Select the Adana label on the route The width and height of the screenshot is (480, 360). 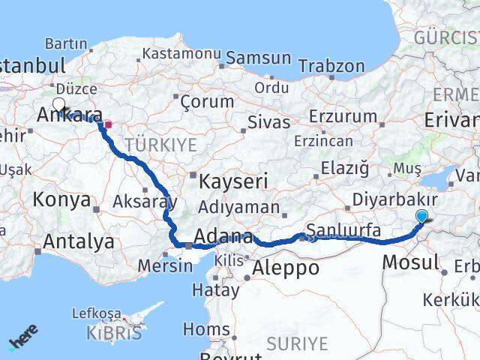coord(223,237)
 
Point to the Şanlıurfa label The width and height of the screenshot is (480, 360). coord(343,229)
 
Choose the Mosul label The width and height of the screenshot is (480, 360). coord(410,262)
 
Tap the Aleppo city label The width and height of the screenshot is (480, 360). coord(286,268)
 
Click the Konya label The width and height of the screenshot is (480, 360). coord(62,200)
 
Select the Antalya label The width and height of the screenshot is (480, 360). coord(79,241)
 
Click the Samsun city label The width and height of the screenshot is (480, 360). coord(258,58)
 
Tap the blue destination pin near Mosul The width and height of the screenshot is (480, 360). coord(422,217)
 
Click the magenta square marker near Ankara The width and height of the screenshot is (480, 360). coord(107,125)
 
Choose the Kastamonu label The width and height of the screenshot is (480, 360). coord(181,54)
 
